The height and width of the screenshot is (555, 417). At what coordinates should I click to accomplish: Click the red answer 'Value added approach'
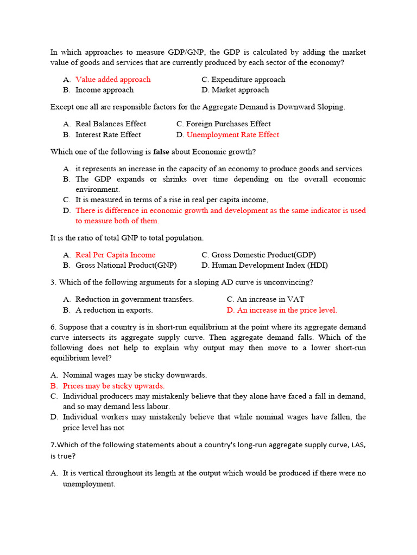113,80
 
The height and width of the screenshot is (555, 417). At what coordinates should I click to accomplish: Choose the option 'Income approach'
104,90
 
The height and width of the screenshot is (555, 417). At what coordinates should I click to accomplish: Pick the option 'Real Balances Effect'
111,124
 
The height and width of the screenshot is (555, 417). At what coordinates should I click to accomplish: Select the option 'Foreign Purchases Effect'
228,124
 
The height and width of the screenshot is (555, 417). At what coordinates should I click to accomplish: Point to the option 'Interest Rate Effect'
108,135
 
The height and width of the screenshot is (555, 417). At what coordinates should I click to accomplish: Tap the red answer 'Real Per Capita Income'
115,255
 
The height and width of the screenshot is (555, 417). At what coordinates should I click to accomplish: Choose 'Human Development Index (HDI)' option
269,266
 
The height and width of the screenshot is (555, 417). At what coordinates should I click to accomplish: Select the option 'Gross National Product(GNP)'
126,266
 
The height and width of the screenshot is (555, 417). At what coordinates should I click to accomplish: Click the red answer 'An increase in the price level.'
287,311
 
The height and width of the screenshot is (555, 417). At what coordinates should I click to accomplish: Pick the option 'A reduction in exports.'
114,311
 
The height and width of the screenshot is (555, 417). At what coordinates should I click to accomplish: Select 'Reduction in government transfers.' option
134,299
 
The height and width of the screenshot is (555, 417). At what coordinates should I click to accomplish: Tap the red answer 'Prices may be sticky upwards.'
113,386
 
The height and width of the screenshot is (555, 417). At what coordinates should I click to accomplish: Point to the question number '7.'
53,445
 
